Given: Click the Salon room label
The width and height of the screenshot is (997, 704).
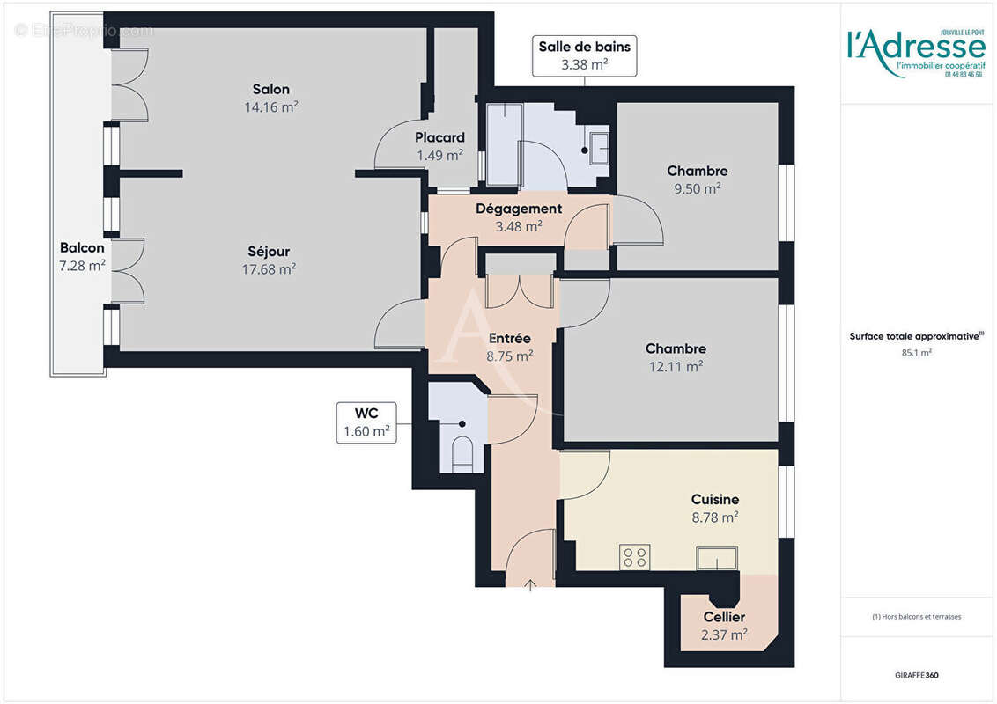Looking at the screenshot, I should click(270, 90).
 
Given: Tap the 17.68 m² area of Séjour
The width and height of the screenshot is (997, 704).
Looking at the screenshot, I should click(270, 269).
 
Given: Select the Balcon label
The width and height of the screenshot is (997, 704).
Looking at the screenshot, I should click(83, 247).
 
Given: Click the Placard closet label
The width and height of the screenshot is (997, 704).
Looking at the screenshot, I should click(439, 138).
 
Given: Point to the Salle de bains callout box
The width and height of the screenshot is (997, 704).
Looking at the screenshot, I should click(585, 55).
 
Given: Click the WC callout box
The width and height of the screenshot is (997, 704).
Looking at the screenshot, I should click(366, 422).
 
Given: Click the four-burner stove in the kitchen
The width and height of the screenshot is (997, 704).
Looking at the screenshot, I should click(635, 557).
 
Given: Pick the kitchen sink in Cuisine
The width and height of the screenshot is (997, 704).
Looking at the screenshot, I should click(716, 558).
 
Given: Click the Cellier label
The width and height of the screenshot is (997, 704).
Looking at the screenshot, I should click(724, 617).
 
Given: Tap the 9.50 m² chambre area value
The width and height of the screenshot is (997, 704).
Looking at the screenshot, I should click(697, 188).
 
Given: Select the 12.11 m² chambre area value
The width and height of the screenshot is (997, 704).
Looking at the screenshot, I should click(676, 366).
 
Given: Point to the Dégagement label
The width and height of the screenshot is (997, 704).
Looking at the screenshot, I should click(519, 209).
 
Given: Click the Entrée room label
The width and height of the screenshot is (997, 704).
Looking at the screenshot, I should click(509, 338).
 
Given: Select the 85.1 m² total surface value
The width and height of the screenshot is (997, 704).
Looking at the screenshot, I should click(916, 352).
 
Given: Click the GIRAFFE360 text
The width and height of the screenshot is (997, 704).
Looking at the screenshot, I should click(915, 675).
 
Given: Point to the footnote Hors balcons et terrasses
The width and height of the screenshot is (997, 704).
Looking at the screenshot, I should click(916, 617).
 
